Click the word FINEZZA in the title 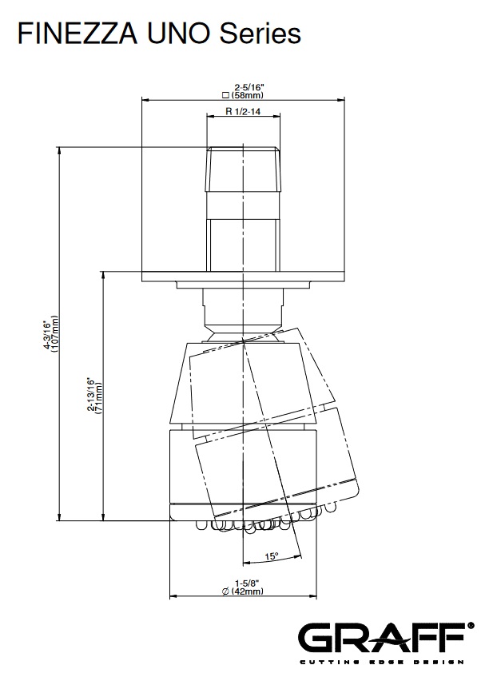(78, 34)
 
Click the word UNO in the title (178, 34)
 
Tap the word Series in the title (260, 34)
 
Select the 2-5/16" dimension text (247, 88)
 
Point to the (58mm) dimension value (248, 95)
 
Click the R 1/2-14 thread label (243, 112)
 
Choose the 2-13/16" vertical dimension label (90, 394)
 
